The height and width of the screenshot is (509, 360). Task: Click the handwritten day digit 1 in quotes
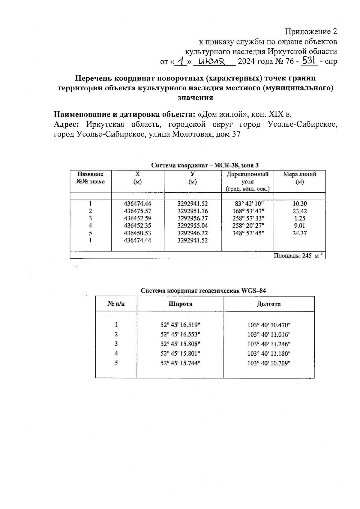coord(181,62)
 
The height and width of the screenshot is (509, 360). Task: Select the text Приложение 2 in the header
coord(311,32)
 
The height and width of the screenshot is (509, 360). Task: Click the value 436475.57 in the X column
coord(137,211)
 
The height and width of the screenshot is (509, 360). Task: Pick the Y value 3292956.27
coord(192,218)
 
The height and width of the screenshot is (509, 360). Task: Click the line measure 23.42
coord(299,211)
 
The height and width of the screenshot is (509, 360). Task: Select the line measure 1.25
coord(299,218)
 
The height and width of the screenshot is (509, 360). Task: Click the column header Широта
coord(180,304)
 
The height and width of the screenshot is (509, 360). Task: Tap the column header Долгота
coord(268,304)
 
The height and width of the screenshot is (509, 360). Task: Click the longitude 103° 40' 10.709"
coord(269,363)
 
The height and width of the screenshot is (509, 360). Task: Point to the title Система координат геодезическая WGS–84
coord(203,291)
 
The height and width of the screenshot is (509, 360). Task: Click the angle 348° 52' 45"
coord(247,233)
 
